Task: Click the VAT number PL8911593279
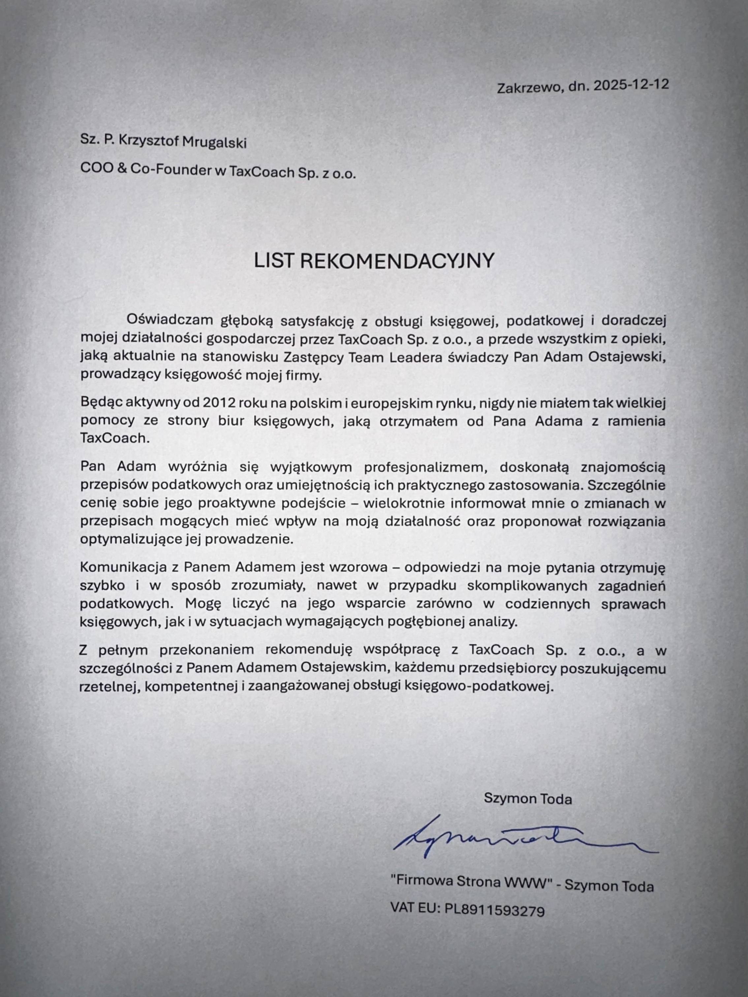point(495,911)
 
